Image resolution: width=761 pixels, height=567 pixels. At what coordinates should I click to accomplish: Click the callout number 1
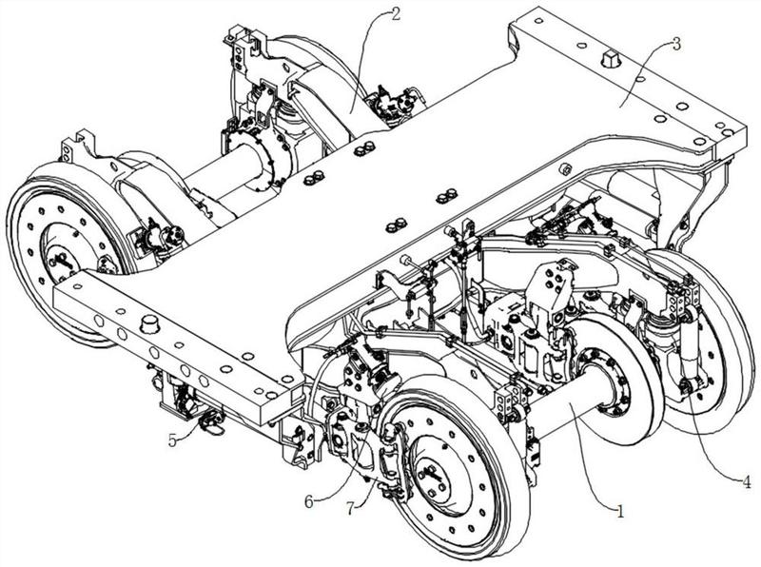[x=620, y=511]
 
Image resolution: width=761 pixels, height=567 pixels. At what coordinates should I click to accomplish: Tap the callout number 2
[x=396, y=14]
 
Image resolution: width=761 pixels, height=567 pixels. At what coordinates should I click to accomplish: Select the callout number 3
[x=676, y=44]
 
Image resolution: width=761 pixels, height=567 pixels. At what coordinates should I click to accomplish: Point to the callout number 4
[x=747, y=482]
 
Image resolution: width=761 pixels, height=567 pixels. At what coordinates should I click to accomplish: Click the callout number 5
[x=173, y=440]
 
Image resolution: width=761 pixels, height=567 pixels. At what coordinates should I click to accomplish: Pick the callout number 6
[x=309, y=502]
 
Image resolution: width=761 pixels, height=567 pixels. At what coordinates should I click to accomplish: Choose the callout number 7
[x=351, y=508]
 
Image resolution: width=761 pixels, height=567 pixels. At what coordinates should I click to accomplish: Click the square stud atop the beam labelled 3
[x=610, y=60]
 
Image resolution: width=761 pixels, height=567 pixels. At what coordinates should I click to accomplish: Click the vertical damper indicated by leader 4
[x=691, y=350]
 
